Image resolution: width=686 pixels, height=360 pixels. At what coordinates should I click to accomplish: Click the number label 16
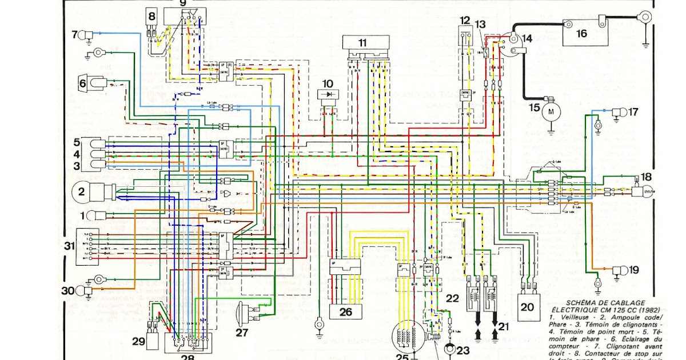581,34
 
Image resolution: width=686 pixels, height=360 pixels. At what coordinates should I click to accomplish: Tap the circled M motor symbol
551,112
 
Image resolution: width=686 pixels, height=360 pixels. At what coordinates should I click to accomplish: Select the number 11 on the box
363,43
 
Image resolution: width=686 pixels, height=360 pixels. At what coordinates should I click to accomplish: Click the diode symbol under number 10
328,94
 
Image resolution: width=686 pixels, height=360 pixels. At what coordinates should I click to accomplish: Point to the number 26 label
346,312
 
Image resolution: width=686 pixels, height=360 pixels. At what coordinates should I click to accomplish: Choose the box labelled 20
527,306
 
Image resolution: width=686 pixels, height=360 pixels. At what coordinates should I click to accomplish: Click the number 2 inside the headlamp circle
81,193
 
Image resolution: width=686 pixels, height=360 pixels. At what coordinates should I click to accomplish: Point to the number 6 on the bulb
83,84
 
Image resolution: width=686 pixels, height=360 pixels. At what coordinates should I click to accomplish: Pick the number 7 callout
74,35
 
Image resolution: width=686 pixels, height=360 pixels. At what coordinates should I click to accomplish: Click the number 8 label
151,17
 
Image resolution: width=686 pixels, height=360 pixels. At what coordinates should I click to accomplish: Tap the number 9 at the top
183,3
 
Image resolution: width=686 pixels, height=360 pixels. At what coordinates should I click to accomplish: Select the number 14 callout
527,39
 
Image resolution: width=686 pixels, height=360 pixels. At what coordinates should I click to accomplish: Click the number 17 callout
633,112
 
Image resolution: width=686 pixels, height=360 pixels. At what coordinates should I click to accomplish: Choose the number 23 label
462,350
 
